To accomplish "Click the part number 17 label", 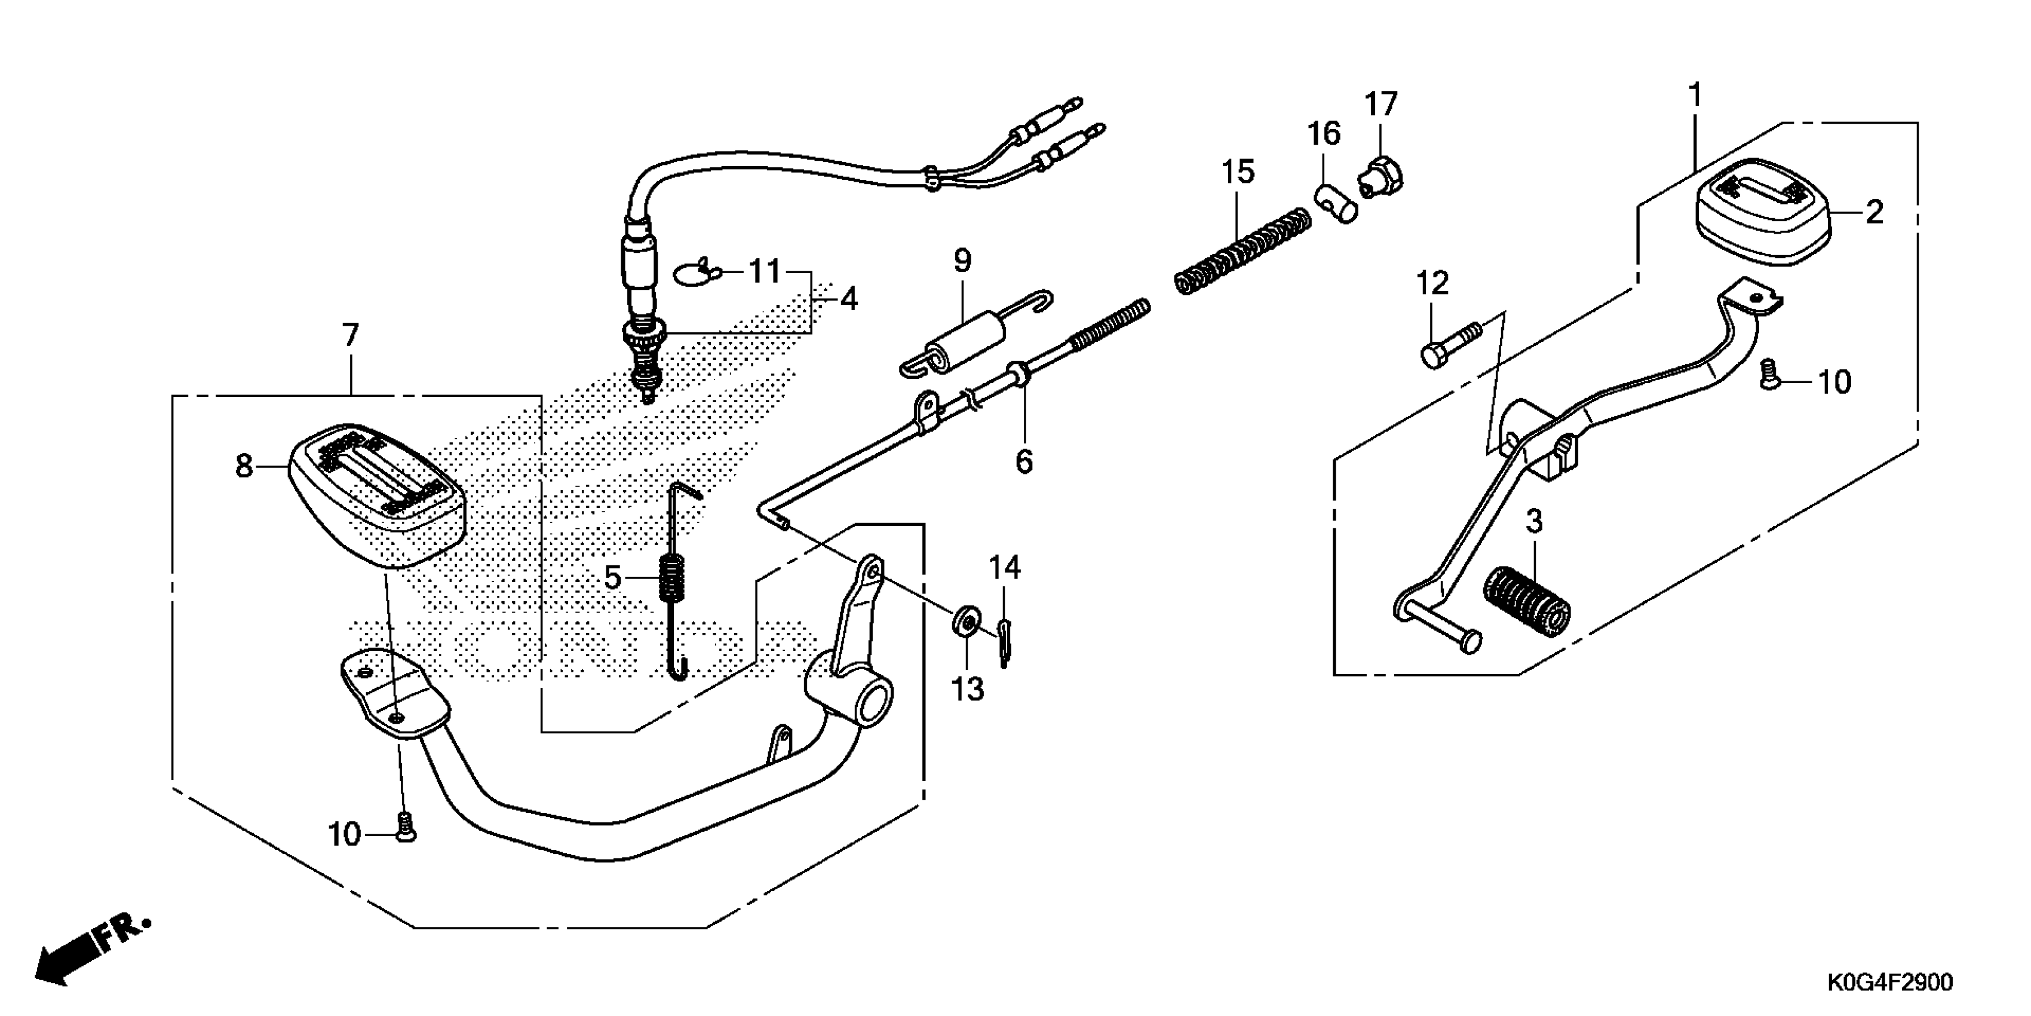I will pos(1380,104).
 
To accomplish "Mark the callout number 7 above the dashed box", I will pos(351,336).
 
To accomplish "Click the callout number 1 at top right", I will pos(1693,96).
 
